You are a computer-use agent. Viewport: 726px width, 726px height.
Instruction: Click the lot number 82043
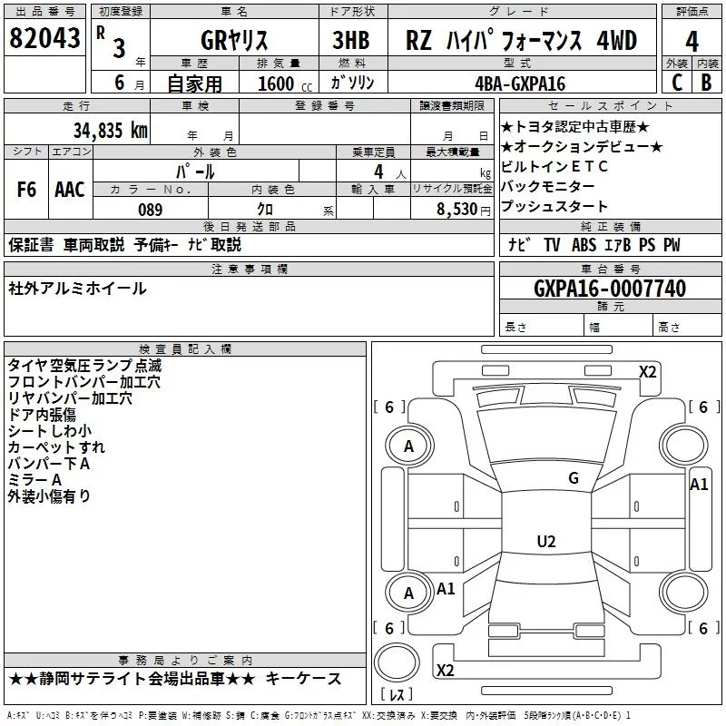tap(44, 39)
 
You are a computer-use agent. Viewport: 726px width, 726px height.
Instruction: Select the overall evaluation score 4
tap(692, 41)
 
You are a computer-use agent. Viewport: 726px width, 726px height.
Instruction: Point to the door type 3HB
tap(352, 41)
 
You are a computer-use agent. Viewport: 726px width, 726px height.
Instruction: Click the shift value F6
tap(27, 190)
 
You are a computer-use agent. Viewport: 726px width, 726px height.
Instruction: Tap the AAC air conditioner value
tap(70, 190)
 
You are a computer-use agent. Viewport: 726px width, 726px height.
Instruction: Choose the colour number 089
tap(150, 210)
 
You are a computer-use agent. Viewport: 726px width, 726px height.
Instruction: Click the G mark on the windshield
tap(573, 478)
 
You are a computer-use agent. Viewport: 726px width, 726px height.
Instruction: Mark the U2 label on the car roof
tap(546, 542)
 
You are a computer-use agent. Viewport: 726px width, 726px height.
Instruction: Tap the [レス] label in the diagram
tap(397, 695)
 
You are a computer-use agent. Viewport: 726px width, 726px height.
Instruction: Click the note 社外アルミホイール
tap(77, 289)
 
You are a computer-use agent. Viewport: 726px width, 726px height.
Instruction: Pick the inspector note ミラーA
tap(34, 480)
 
